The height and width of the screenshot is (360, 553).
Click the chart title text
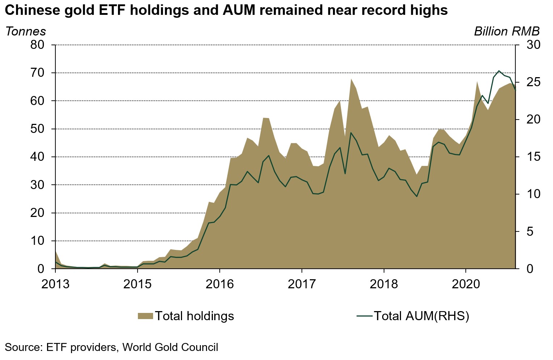[226, 10]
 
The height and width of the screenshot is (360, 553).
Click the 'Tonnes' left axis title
[26, 32]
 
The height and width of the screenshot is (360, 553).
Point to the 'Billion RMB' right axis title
[507, 32]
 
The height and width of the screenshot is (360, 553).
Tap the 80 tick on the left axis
[37, 45]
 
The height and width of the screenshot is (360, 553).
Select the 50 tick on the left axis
[37, 129]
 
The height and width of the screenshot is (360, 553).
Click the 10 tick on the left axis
[37, 241]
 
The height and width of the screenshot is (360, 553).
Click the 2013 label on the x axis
[55, 284]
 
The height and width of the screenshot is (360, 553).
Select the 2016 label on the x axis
[220, 284]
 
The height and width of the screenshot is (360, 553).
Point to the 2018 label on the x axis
[384, 284]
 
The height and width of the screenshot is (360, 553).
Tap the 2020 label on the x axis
[466, 284]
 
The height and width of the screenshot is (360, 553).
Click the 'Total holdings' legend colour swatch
[145, 316]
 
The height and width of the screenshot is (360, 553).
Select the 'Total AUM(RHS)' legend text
[421, 316]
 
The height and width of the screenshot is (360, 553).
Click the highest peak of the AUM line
[499, 71]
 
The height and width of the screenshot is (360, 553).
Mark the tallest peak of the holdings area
[351, 79]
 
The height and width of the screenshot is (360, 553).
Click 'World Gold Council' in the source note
[170, 347]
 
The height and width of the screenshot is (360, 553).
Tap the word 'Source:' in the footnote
[24, 347]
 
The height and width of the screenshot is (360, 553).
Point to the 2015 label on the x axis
[138, 284]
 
